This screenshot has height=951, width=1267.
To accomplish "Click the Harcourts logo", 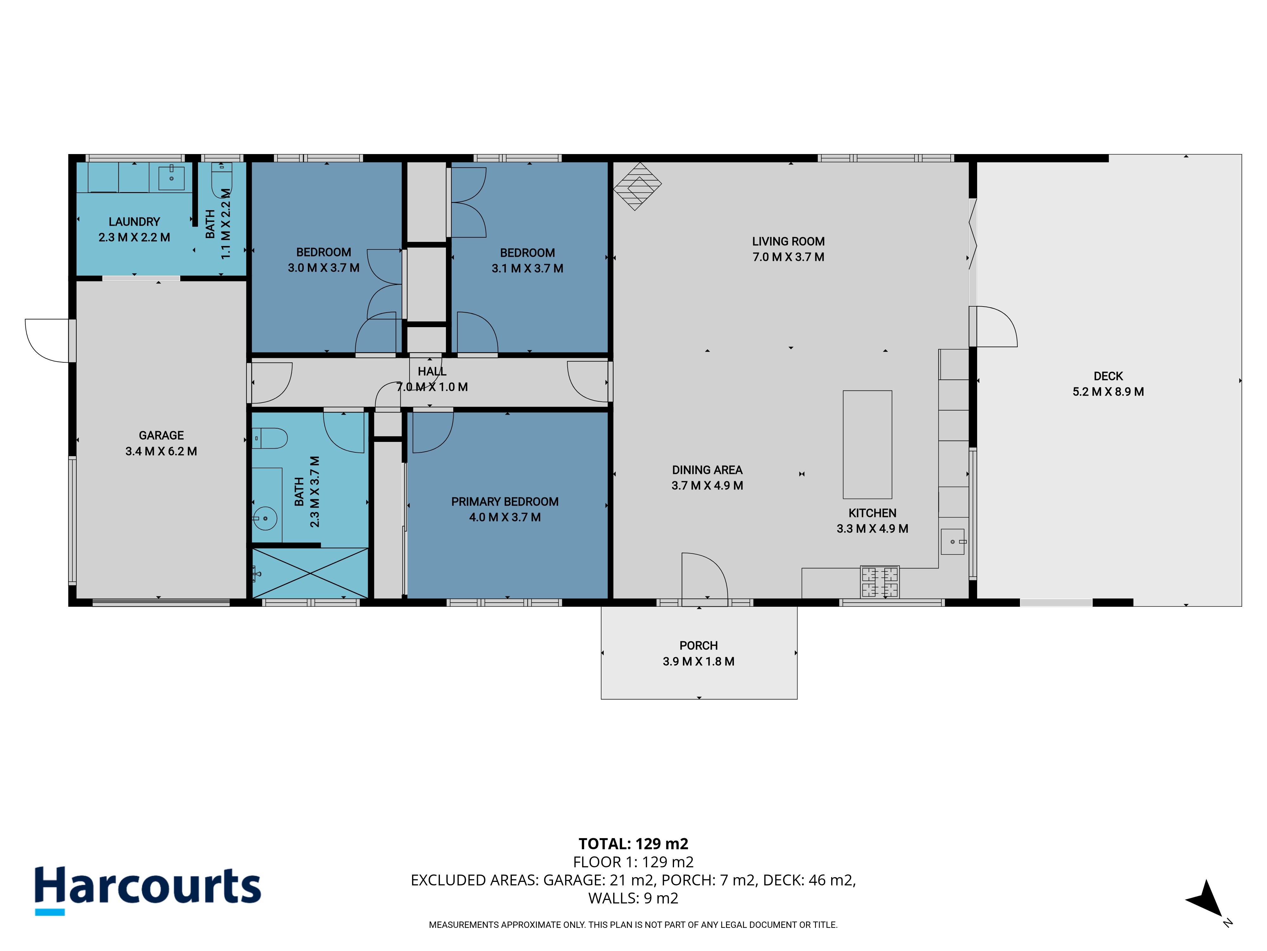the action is [x=148, y=890].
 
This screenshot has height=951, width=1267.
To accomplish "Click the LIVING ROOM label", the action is [x=788, y=241].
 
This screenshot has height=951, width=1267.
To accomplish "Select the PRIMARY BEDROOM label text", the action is [x=505, y=501].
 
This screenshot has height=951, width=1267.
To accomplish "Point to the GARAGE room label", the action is [x=161, y=436].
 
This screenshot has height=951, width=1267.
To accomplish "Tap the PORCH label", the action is [x=698, y=645].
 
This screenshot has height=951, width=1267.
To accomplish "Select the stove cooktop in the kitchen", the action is [x=880, y=582].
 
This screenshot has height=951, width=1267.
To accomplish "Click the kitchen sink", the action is [x=952, y=541].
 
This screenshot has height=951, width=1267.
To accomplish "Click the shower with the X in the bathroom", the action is [x=310, y=573].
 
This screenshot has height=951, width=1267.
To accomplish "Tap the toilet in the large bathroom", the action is [x=270, y=438].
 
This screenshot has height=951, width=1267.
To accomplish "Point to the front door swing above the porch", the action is [x=704, y=576].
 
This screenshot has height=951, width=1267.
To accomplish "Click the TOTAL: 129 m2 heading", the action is [x=633, y=844].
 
